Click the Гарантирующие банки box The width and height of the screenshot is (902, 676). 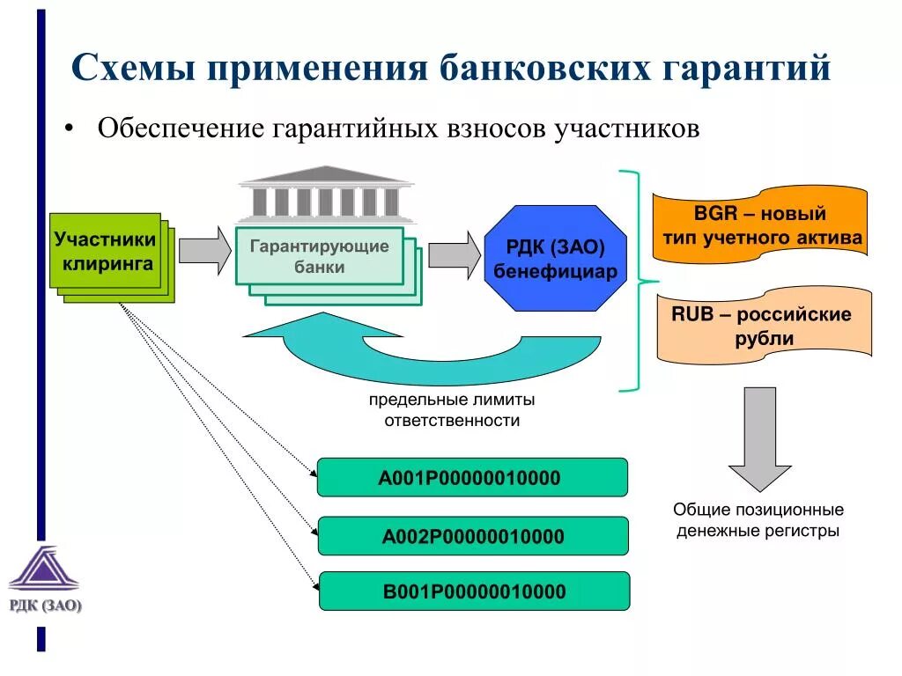click(x=319, y=255)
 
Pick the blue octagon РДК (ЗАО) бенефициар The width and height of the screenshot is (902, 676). click(x=555, y=259)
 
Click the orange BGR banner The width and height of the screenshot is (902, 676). click(x=759, y=225)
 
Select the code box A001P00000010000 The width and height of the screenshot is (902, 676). click(x=472, y=478)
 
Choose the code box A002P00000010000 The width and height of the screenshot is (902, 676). click(x=473, y=536)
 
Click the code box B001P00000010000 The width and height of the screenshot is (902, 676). click(x=474, y=591)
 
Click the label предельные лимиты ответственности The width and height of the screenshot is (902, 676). click(x=452, y=410)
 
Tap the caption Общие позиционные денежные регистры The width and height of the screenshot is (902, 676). click(x=758, y=520)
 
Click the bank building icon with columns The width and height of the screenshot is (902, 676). click(x=325, y=194)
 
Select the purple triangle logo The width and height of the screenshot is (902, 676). click(x=44, y=569)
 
